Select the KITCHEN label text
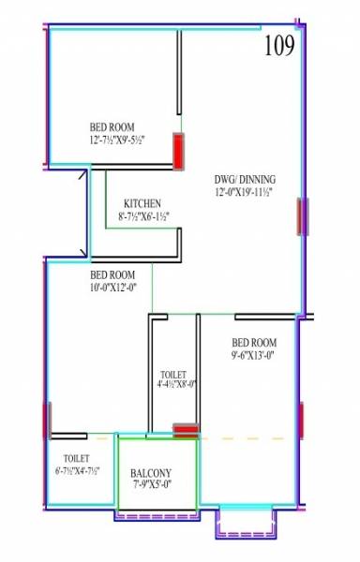[x=142, y=203]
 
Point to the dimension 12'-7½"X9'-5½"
[x=112, y=140]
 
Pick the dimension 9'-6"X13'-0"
[x=254, y=355]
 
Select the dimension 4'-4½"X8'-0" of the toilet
[x=177, y=383]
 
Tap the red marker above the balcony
[x=186, y=431]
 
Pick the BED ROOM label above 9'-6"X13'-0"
[x=254, y=342]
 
